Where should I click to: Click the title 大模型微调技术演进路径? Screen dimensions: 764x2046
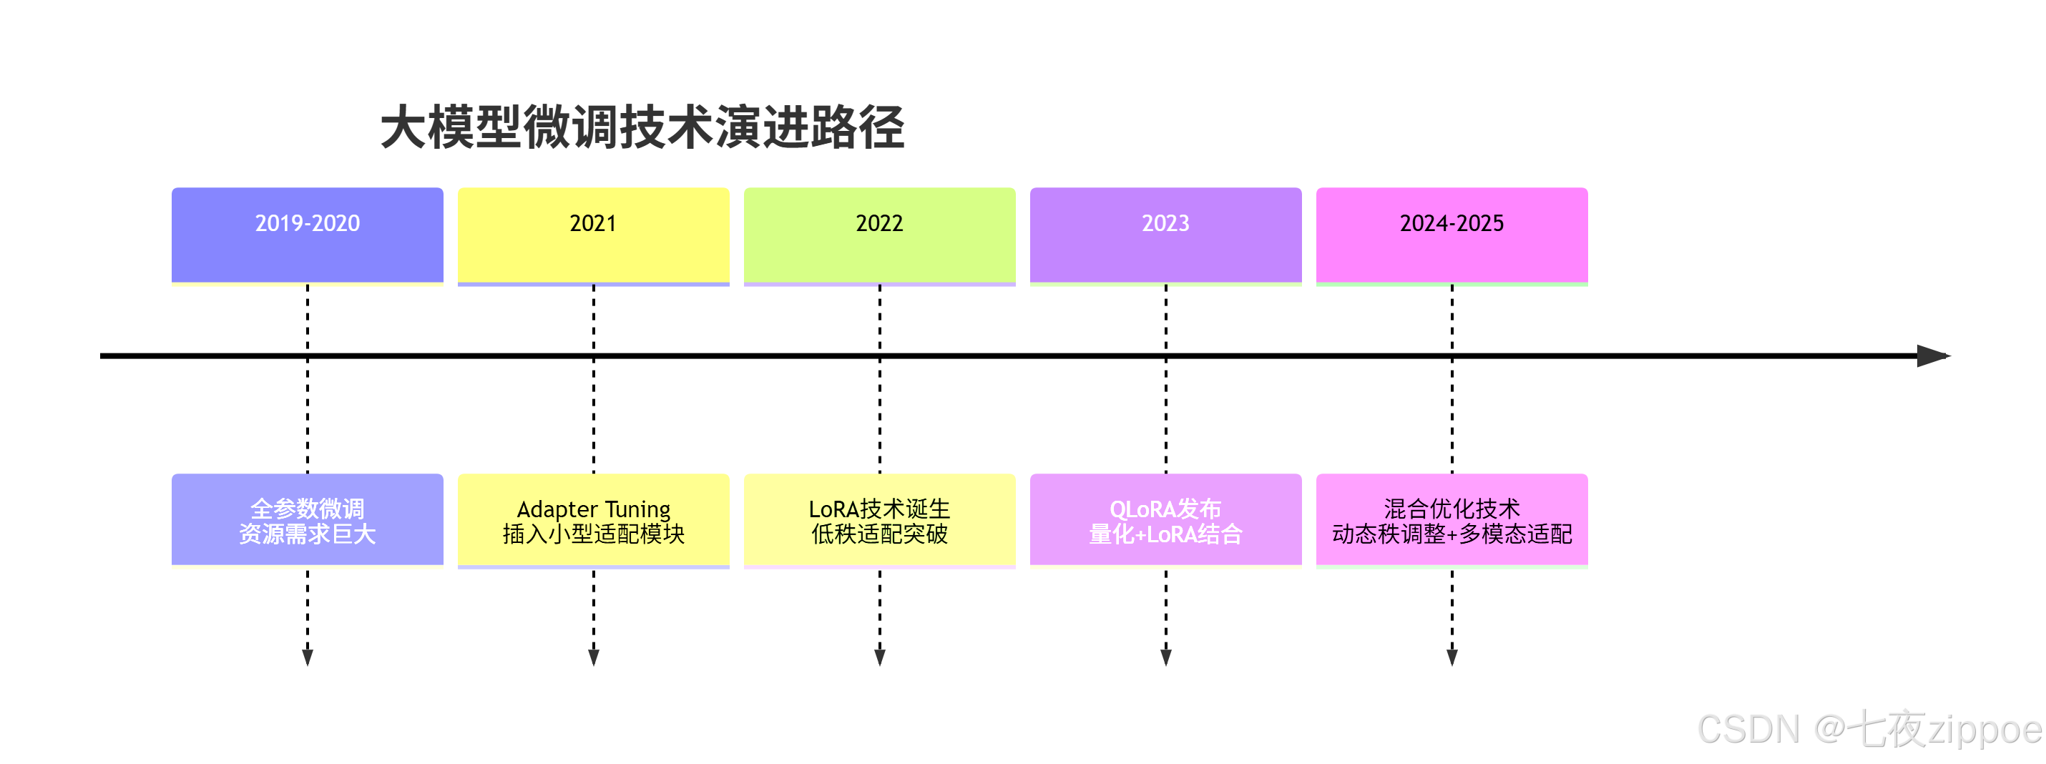pyautogui.click(x=642, y=128)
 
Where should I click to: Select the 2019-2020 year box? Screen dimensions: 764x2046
pyautogui.click(x=308, y=235)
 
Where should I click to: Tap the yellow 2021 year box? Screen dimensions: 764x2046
pyautogui.click(x=593, y=235)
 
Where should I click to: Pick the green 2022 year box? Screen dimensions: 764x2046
pyautogui.click(x=879, y=235)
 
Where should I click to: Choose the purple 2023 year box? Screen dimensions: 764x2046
pyautogui.click(x=1165, y=235)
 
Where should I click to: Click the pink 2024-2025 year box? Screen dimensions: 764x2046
pyautogui.click(x=1451, y=235)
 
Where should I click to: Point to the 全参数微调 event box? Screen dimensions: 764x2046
pyautogui.click(x=308, y=520)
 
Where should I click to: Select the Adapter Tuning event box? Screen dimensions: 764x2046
pyautogui.click(x=593, y=520)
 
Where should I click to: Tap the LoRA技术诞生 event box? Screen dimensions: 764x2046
pyautogui.click(x=879, y=520)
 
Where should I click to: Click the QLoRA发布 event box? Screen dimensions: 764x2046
pyautogui.click(x=1165, y=520)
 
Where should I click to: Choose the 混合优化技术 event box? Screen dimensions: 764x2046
pyautogui.click(x=1451, y=520)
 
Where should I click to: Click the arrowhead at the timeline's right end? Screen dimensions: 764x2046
pyautogui.click(x=1932, y=356)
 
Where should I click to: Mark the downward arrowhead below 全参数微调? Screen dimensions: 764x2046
pyautogui.click(x=308, y=657)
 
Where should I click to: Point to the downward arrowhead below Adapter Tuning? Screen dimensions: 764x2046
pyautogui.click(x=593, y=657)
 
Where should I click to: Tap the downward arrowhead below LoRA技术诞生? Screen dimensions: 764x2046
pyautogui.click(x=879, y=657)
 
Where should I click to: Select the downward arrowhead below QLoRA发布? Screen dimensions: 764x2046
pyautogui.click(x=1165, y=657)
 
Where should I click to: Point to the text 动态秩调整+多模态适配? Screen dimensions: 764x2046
pyautogui.click(x=1451, y=534)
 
